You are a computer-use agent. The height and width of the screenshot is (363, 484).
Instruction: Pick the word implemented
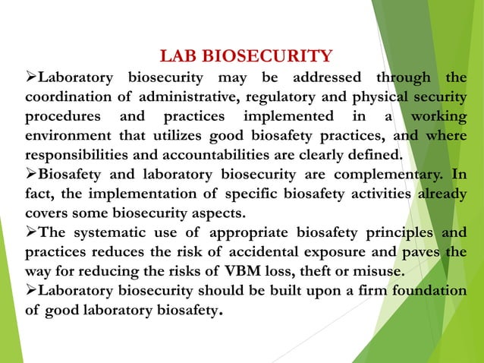(288, 117)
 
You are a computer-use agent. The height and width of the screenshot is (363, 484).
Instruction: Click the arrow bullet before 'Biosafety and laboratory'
(31, 175)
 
